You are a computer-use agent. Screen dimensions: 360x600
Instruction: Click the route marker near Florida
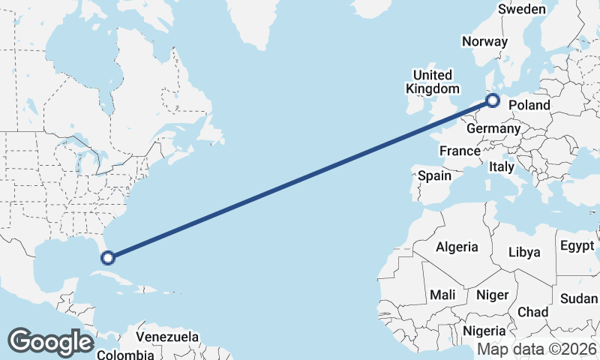tap(108, 258)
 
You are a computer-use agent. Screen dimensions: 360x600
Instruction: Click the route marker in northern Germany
tap(493, 100)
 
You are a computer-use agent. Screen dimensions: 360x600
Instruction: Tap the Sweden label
tap(522, 9)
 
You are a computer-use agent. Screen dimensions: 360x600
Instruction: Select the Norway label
tap(484, 42)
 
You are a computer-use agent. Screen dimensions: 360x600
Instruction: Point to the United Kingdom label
tap(433, 82)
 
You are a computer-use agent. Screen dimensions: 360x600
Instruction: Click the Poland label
tap(529, 106)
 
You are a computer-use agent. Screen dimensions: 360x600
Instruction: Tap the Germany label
tap(493, 129)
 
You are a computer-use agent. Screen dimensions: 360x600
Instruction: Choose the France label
tap(460, 151)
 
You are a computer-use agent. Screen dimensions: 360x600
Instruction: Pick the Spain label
tap(434, 176)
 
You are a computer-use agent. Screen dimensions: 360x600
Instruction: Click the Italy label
tap(501, 167)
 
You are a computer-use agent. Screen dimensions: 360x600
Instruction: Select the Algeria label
tap(457, 247)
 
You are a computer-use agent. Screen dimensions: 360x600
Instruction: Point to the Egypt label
tap(577, 246)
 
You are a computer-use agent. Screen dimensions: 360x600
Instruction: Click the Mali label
tap(442, 295)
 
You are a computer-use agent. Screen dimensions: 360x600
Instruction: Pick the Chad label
tap(532, 312)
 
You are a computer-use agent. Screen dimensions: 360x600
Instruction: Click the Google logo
tap(50, 342)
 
